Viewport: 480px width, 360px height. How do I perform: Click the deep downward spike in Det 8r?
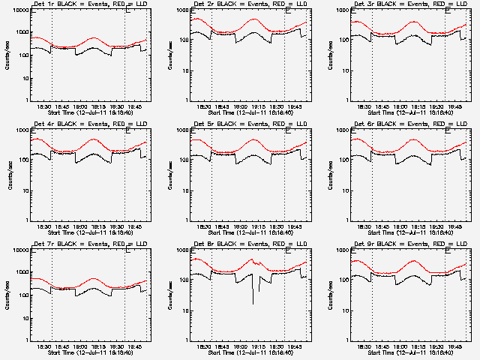253,301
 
